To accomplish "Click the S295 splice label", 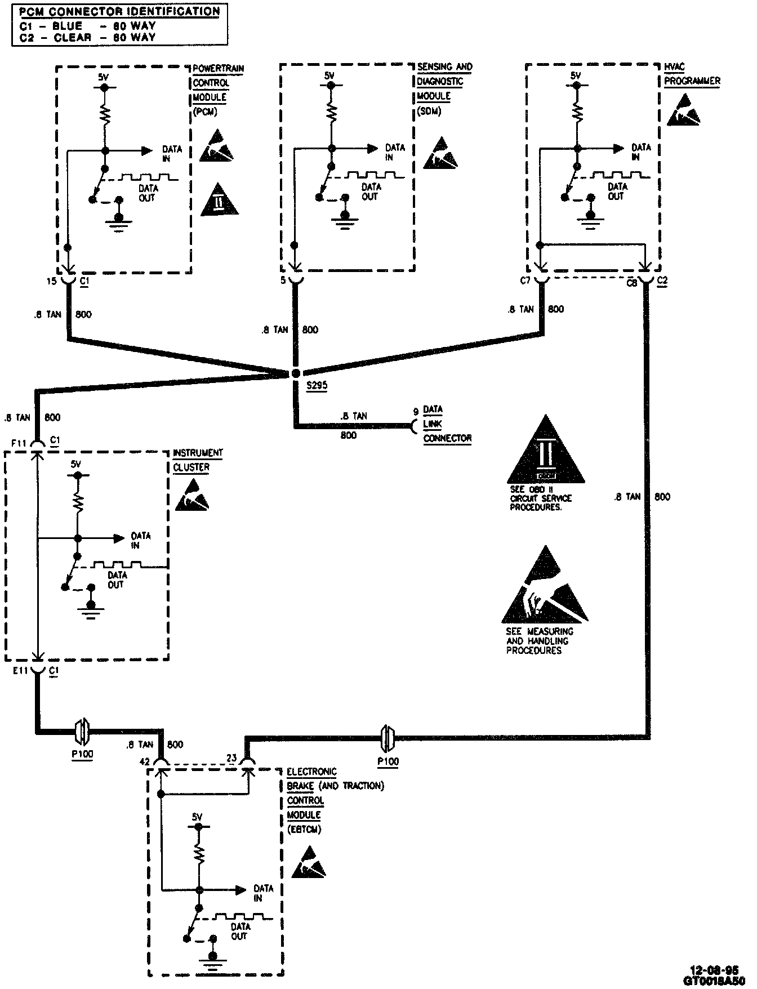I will click(x=317, y=386).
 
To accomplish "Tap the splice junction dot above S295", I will click(x=296, y=373).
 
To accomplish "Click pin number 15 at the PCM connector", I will click(x=52, y=280).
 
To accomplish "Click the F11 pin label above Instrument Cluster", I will click(x=20, y=443).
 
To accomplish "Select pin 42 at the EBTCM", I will click(x=145, y=761).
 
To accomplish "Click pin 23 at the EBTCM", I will click(x=231, y=758).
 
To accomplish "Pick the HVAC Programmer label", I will click(x=692, y=74).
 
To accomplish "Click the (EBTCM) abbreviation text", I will click(x=304, y=830).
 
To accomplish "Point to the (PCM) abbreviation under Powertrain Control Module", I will click(x=205, y=112).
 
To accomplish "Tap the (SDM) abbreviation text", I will click(x=429, y=110).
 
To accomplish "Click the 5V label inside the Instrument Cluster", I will click(x=76, y=464).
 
